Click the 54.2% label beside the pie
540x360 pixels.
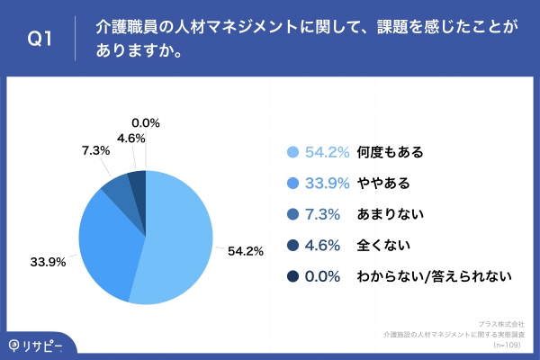click(x=245, y=251)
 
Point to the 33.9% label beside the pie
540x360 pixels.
click(x=46, y=262)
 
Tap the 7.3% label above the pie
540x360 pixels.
click(x=95, y=150)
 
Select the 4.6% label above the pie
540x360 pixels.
click(x=131, y=138)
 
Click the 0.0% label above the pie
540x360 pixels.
click(x=146, y=122)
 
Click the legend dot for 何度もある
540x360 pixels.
click(x=291, y=152)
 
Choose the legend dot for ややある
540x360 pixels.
click(x=291, y=184)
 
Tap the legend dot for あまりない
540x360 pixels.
click(x=291, y=214)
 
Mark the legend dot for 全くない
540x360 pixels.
click(x=291, y=246)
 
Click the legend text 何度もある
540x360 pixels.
click(x=389, y=152)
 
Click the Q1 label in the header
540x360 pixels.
click(x=39, y=40)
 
